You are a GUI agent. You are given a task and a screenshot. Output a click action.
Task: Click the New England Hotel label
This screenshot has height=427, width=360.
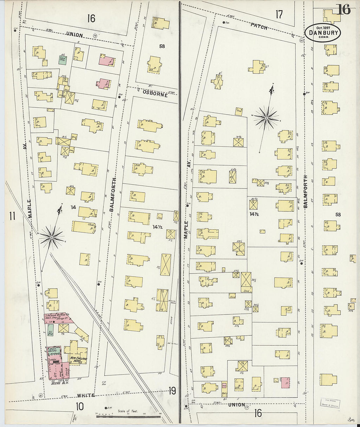coord(79,360)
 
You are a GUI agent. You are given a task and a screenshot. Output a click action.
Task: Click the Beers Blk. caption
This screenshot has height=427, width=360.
coord(57,383)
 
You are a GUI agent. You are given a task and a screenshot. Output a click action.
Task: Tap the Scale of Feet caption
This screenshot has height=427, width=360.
coord(128,411)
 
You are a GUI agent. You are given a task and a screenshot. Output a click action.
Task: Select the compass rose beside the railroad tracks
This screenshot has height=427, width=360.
coord(51,236)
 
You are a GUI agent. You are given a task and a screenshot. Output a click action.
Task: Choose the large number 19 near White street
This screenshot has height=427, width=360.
coord(172,390)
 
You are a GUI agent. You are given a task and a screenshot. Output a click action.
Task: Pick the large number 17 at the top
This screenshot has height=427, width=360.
coord(279,14)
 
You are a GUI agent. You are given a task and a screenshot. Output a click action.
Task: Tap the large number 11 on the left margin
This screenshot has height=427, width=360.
coord(12,216)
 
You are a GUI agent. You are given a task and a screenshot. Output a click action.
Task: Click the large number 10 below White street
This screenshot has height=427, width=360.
coord(80,406)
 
